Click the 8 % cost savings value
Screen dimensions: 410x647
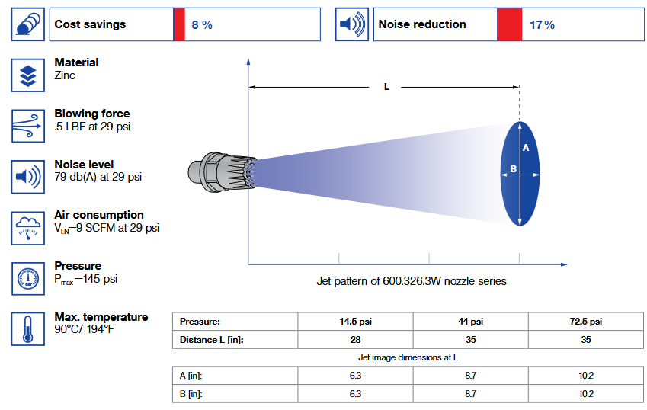coord(202,25)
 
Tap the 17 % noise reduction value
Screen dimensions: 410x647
coord(542,25)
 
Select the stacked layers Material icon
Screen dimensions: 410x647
coord(28,75)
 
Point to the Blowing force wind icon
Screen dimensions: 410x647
coord(28,126)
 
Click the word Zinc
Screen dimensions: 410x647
coord(65,75)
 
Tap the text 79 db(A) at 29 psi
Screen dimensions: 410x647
coord(98,177)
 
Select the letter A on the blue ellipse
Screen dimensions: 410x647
coord(525,148)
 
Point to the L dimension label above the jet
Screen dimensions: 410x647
coord(386,87)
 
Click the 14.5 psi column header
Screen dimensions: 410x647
coord(355,322)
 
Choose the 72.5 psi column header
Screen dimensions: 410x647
coord(585,322)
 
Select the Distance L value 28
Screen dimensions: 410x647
coord(355,340)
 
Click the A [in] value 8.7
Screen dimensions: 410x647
coord(470,375)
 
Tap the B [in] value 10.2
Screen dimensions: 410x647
coord(585,394)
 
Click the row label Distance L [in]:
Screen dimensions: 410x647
coord(211,340)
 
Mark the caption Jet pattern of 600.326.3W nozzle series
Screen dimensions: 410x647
coord(411,281)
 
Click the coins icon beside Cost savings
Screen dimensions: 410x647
coord(28,25)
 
